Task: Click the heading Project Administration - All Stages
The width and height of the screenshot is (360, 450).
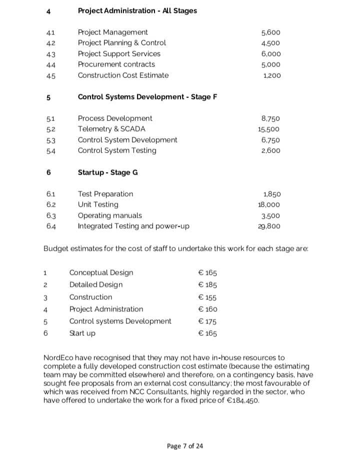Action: coord(137,11)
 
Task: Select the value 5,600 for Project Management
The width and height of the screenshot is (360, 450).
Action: coord(271,33)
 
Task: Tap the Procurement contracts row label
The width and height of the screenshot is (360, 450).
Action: coord(116,64)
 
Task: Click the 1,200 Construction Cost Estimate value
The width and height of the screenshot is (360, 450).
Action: coord(272,76)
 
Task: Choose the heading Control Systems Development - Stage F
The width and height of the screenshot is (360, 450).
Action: coord(147,97)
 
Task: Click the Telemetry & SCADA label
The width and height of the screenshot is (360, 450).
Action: coord(111,129)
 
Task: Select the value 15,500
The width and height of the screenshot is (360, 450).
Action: coord(268,129)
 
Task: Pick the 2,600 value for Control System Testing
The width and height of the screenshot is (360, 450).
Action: coord(270,151)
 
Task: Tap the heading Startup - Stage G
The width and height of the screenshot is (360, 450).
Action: coord(107,172)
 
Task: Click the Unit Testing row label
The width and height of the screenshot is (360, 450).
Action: coord(98,204)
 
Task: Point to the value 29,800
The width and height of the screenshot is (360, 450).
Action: coord(269,226)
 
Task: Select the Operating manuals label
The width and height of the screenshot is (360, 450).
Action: coord(109,215)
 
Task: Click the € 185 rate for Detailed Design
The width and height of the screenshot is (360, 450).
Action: coord(207,285)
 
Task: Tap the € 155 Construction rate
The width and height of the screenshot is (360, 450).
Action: coord(207,297)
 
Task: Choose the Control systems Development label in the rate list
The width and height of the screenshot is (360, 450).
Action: coord(120,321)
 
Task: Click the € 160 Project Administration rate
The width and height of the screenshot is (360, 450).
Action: coord(207,309)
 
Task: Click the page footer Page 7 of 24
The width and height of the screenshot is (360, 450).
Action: coord(185,432)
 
